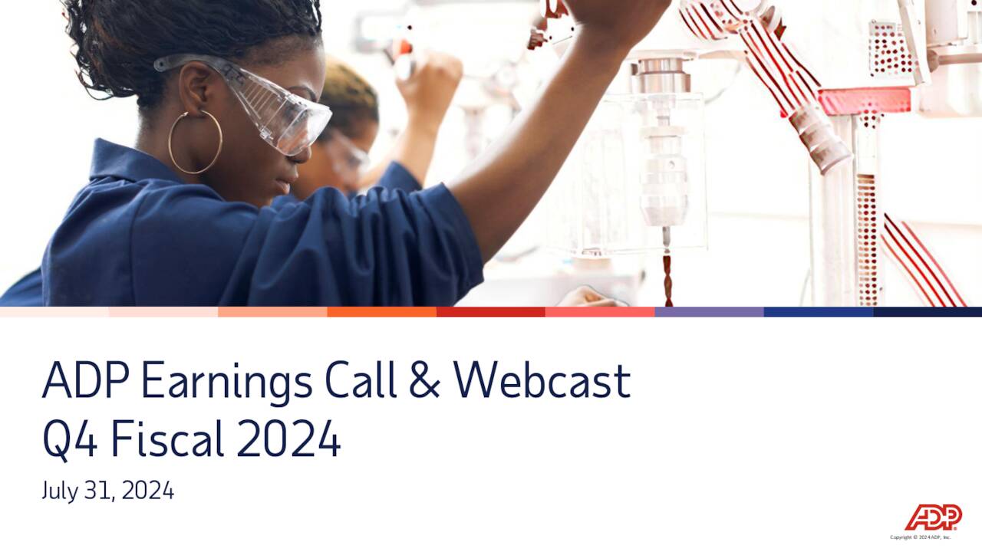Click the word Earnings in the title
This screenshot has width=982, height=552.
click(x=226, y=381)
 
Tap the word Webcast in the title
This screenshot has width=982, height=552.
click(x=542, y=381)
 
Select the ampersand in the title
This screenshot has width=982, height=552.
click(x=424, y=381)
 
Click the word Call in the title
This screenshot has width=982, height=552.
click(x=361, y=381)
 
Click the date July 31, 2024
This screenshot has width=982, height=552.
click(x=108, y=491)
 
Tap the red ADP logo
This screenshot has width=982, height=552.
click(x=933, y=517)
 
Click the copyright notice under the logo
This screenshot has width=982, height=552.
click(x=920, y=537)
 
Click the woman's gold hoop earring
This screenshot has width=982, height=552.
click(x=195, y=142)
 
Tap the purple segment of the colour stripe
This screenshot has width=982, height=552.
click(x=709, y=312)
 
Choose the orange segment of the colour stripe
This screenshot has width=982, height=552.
click(x=381, y=312)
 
